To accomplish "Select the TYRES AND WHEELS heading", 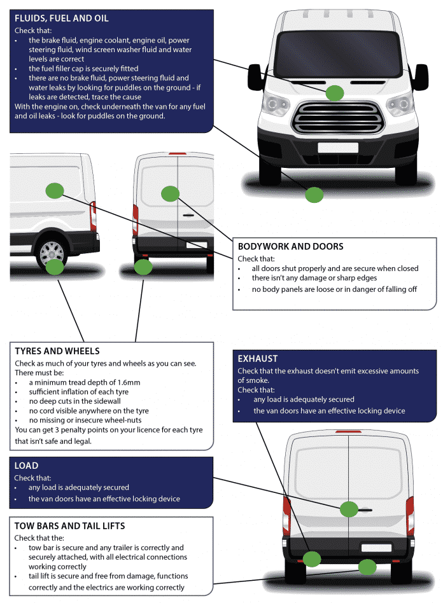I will click(x=57, y=350).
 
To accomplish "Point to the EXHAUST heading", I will click(x=257, y=358).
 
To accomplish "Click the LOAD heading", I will click(x=26, y=466).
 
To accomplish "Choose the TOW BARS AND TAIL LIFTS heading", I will click(x=69, y=525).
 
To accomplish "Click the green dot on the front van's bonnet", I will click(x=335, y=94).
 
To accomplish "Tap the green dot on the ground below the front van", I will click(x=314, y=195).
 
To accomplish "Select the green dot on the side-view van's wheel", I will click(x=55, y=267).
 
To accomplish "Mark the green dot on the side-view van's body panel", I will click(x=55, y=189).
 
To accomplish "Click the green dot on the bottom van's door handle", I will click(x=349, y=509).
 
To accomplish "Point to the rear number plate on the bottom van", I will click(x=376, y=547).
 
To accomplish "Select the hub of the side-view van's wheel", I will click(x=52, y=254).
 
